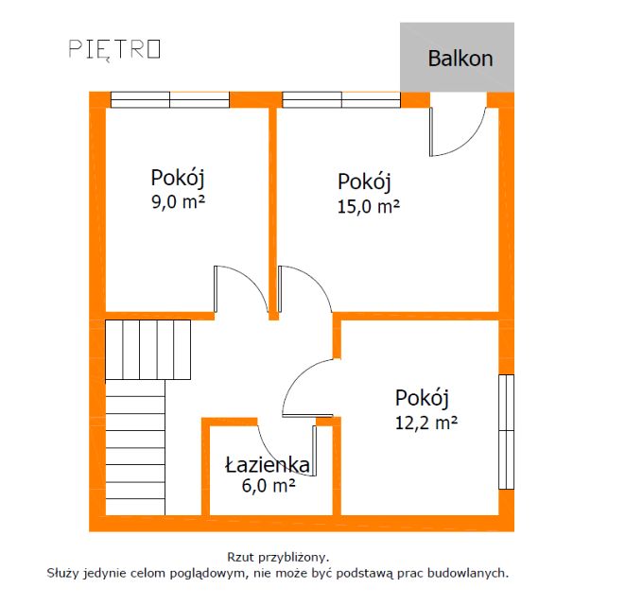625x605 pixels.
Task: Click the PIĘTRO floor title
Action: click(114, 49)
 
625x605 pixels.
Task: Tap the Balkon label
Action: click(460, 58)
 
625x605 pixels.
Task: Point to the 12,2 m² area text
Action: click(426, 423)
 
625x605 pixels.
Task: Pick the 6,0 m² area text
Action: click(269, 485)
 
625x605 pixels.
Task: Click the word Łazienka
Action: click(268, 464)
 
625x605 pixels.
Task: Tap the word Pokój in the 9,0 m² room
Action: click(178, 178)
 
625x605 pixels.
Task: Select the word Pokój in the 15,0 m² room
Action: click(364, 181)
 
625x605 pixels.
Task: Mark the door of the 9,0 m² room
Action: click(236, 288)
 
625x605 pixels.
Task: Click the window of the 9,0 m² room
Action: click(170, 99)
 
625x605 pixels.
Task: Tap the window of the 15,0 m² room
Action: click(341, 99)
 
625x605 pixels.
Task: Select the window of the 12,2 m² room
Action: click(506, 431)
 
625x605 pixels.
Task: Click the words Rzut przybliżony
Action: click(277, 558)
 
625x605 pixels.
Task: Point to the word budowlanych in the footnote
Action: click(468, 573)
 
